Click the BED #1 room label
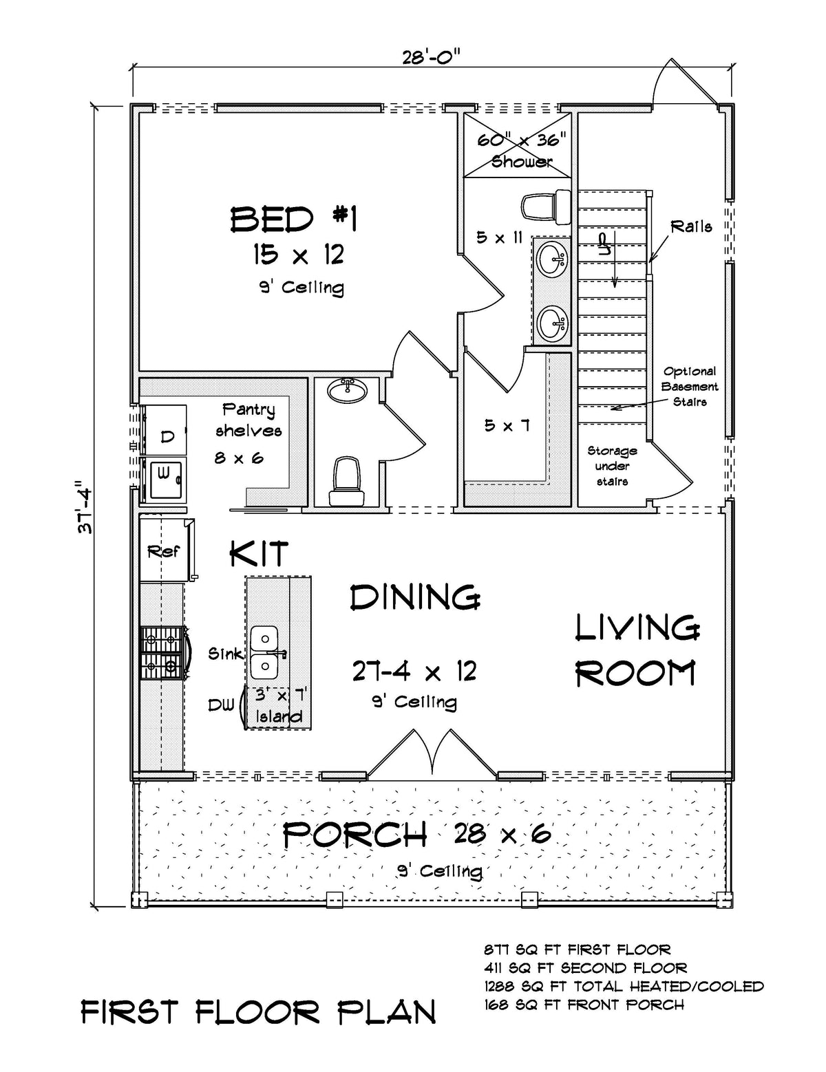pos(293,220)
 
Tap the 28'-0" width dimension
pos(431,56)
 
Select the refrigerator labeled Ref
pos(164,551)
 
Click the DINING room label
pos(415,597)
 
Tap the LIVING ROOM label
pos(637,650)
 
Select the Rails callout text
pos(691,226)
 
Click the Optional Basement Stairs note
pos(690,386)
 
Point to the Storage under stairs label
pos(612,466)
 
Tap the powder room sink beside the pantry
pos(348,390)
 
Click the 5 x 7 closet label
pos(507,426)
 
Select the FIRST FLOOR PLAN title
pos(258,1012)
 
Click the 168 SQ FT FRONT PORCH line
pos(584,1005)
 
